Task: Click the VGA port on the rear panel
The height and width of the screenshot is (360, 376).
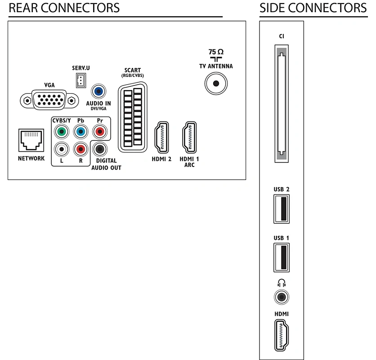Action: pyautogui.click(x=47, y=99)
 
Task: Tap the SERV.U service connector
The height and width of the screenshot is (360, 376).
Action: pyautogui.click(x=81, y=81)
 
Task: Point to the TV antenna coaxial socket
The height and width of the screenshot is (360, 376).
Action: pyautogui.click(x=216, y=83)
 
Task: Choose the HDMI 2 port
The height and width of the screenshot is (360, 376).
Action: pyautogui.click(x=161, y=137)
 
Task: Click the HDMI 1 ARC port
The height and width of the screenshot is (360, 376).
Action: pyautogui.click(x=189, y=137)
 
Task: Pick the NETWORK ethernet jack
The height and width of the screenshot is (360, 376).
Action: pyautogui.click(x=31, y=140)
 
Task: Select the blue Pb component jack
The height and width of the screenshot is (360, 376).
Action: pyautogui.click(x=80, y=132)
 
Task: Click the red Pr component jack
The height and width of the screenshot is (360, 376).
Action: pyautogui.click(x=99, y=132)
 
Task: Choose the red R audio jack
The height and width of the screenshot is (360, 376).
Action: pyautogui.click(x=80, y=148)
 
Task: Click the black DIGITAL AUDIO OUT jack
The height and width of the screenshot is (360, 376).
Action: pyautogui.click(x=99, y=149)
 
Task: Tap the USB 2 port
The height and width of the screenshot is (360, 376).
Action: pyautogui.click(x=282, y=208)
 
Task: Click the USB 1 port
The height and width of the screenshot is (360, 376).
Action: pyautogui.click(x=282, y=257)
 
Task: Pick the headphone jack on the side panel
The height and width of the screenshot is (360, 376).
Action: pyautogui.click(x=282, y=297)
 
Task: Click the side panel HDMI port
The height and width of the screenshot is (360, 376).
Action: pyautogui.click(x=282, y=335)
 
